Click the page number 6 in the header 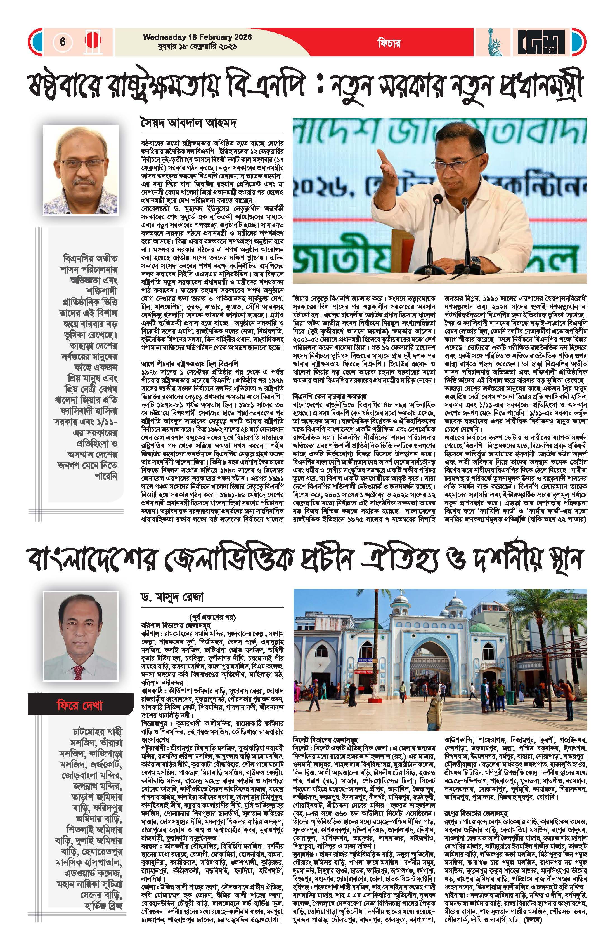point(63,42)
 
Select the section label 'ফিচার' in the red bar point(389,43)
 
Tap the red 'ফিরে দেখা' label point(80,705)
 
